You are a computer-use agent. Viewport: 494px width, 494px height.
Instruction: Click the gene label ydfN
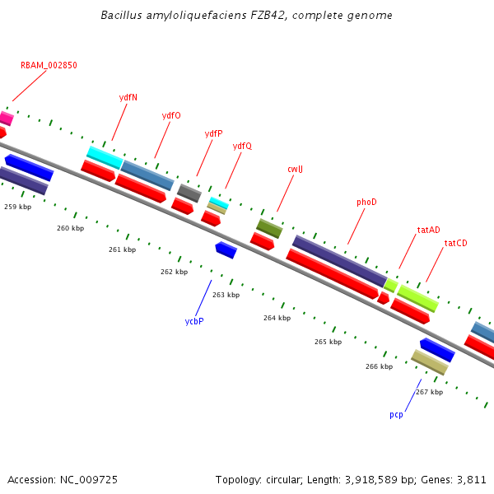click(128, 97)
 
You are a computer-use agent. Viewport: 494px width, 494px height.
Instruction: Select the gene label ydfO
click(171, 115)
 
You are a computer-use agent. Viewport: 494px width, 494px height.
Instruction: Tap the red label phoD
click(366, 202)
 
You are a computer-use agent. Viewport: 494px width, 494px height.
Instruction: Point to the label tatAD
click(428, 230)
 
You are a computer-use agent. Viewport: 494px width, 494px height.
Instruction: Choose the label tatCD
click(455, 243)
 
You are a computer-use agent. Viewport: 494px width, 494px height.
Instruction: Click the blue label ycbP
click(194, 320)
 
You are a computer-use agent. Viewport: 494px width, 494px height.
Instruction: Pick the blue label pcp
click(396, 415)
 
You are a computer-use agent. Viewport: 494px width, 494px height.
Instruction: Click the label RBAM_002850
click(49, 65)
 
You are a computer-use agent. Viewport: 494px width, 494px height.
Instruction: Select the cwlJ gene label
click(295, 170)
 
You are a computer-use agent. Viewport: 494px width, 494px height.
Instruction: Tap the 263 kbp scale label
click(226, 295)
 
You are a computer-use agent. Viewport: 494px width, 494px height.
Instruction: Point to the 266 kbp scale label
click(379, 366)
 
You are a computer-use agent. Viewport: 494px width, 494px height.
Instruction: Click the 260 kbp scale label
click(70, 228)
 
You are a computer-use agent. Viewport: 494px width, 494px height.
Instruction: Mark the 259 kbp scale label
click(18, 207)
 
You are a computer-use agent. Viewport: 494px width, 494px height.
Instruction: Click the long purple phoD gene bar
click(338, 261)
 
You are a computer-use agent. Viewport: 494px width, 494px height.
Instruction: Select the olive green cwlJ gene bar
click(269, 228)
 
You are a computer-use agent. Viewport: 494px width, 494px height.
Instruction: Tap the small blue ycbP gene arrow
click(226, 249)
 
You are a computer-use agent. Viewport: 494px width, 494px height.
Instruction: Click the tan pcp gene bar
click(429, 361)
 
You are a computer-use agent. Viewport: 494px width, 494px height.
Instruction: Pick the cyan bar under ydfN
click(105, 156)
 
